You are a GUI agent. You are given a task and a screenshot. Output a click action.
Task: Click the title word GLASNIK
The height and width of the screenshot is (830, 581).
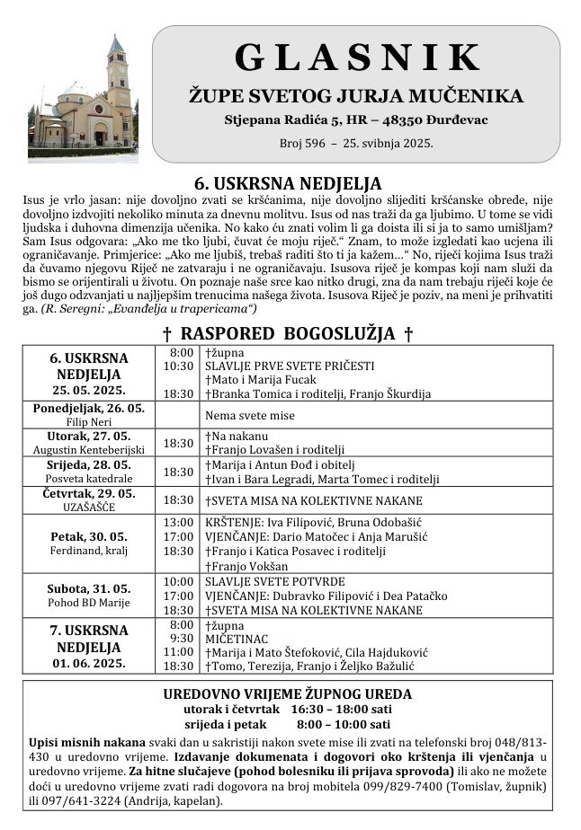tap(357, 57)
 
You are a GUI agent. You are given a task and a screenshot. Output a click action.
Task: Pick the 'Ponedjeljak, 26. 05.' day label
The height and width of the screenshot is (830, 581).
tap(88, 408)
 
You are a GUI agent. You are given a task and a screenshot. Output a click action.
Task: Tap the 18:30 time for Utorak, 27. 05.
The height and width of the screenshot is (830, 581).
tap(178, 443)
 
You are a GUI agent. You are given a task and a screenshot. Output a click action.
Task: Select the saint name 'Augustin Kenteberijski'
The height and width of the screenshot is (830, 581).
tap(88, 449)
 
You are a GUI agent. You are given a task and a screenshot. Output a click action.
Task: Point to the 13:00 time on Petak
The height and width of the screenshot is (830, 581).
tap(178, 522)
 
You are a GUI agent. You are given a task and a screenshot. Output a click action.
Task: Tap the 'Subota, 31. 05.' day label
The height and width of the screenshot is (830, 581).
tap(88, 588)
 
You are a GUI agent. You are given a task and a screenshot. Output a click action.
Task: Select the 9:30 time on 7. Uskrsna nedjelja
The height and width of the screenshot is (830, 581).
tap(181, 639)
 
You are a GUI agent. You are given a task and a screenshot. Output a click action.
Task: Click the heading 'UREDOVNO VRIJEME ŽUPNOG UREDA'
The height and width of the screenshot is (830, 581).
tap(288, 693)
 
